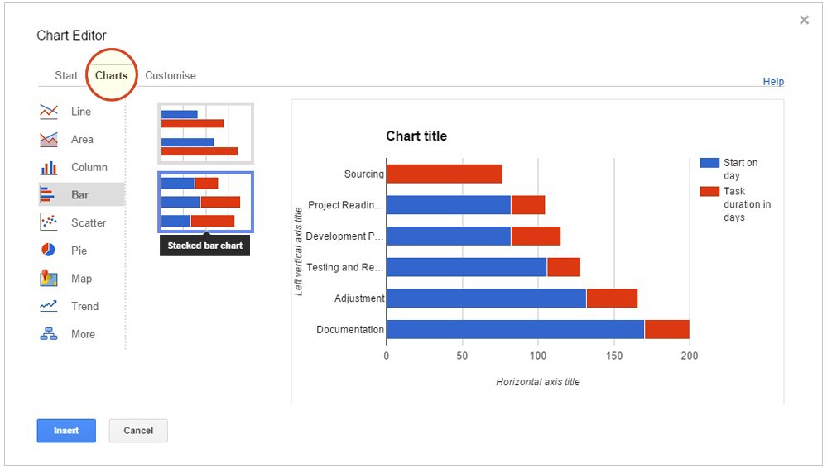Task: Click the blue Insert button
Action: [x=66, y=431]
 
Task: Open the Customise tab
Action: [x=171, y=75]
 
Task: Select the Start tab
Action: [x=66, y=75]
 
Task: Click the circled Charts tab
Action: [x=111, y=75]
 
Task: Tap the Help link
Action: [x=773, y=82]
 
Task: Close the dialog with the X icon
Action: [x=804, y=21]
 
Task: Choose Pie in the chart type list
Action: [x=79, y=251]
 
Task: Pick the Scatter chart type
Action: [x=88, y=222]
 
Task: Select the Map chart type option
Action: [x=81, y=279]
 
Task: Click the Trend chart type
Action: [x=84, y=306]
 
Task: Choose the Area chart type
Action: [x=82, y=140]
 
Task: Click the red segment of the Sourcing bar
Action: [x=444, y=174]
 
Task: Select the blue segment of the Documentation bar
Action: [x=515, y=329]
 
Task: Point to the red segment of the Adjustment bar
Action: [x=612, y=298]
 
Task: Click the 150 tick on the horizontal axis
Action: [x=613, y=356]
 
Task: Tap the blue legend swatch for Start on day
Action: [x=709, y=163]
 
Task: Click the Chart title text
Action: [x=416, y=136]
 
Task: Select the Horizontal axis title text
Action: [x=538, y=382]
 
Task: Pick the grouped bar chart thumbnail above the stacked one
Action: [x=205, y=133]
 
